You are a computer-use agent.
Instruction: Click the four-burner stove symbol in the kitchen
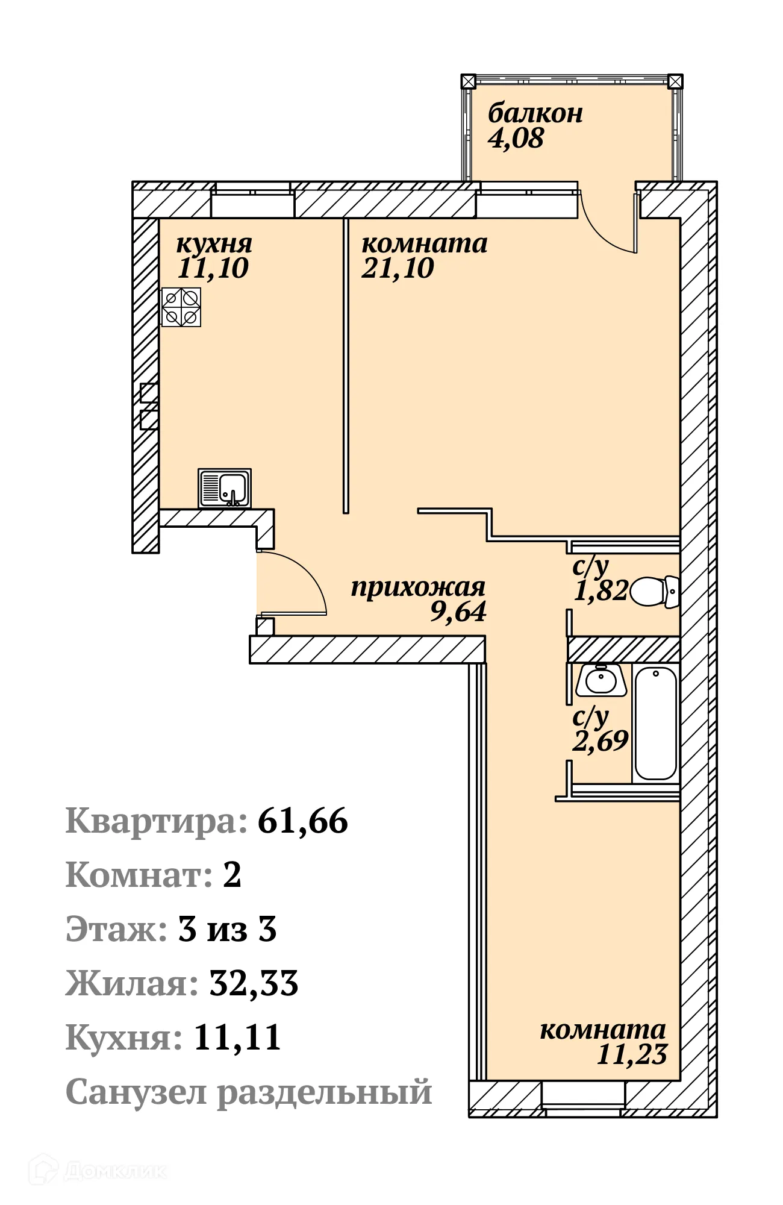181,307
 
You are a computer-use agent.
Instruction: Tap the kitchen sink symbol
225,488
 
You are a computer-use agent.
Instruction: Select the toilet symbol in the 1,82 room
654,592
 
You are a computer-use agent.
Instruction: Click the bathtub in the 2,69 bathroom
656,723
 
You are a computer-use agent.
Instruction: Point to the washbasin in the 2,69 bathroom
601,681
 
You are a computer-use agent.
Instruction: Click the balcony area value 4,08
516,139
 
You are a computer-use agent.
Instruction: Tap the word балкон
535,113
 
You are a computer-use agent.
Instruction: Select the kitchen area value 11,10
213,268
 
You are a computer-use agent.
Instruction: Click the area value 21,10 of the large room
398,268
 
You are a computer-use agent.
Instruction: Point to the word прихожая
418,587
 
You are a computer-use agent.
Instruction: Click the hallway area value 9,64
458,612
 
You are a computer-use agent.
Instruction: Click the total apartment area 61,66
302,821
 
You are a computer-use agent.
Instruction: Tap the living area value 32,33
254,983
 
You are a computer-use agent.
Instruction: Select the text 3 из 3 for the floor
227,929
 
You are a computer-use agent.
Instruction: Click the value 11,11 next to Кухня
237,1038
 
